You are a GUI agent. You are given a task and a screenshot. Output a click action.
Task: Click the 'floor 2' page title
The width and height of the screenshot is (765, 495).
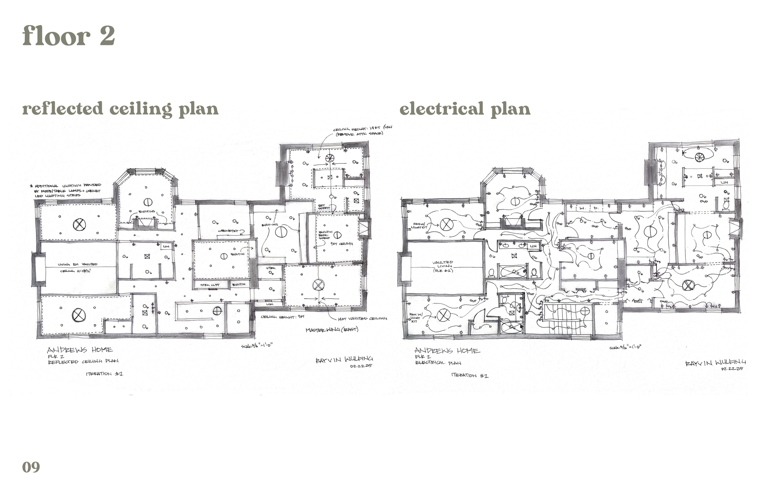pyautogui.click(x=69, y=36)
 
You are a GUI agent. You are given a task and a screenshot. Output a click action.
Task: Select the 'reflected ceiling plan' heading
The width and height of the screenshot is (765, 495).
pyautogui.click(x=120, y=109)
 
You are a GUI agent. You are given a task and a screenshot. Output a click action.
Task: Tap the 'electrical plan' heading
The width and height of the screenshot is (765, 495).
pyautogui.click(x=465, y=109)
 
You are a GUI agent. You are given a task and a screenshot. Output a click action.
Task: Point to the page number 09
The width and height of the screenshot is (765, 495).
pyautogui.click(x=31, y=467)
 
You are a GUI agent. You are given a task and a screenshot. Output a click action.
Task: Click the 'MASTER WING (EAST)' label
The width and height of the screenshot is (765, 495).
pyautogui.click(x=332, y=330)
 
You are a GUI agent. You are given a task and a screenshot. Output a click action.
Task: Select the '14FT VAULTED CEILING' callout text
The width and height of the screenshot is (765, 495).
pyautogui.click(x=362, y=318)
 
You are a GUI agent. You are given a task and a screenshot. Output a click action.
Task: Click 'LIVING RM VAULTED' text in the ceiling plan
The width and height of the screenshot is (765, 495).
pyautogui.click(x=77, y=264)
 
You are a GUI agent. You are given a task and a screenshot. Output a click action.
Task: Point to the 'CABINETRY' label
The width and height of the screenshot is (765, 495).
pyautogui.click(x=228, y=231)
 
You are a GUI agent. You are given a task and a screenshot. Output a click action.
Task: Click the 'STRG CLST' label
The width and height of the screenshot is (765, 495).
pyautogui.click(x=210, y=285)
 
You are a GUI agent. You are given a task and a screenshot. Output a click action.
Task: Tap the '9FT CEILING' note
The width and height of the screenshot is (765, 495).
pyautogui.click(x=341, y=244)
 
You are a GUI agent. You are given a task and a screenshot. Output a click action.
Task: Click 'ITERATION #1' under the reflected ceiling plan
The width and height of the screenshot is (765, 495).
pyautogui.click(x=104, y=374)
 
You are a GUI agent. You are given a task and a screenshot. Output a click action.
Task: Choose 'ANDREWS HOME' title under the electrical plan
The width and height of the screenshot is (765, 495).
pyautogui.click(x=447, y=350)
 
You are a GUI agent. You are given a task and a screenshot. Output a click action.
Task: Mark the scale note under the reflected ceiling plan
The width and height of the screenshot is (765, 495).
pyautogui.click(x=257, y=346)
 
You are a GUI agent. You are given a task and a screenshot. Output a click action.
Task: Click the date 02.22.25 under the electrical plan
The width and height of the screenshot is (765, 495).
pyautogui.click(x=732, y=369)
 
